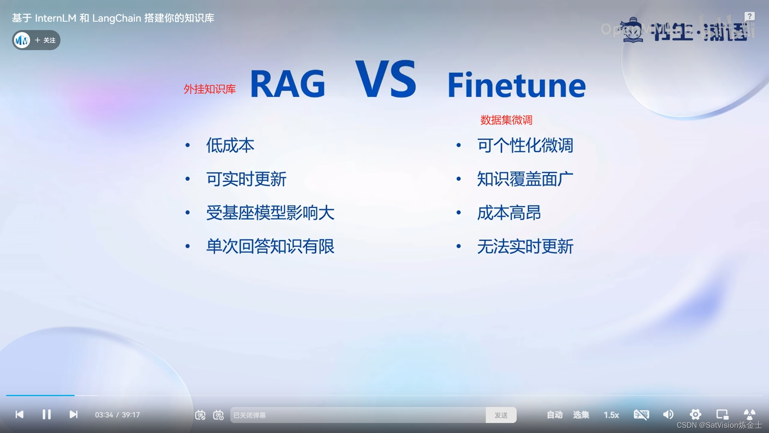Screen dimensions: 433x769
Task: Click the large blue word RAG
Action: click(x=288, y=84)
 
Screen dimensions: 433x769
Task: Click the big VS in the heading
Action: click(x=386, y=79)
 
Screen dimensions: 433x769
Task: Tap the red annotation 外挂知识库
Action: click(x=209, y=89)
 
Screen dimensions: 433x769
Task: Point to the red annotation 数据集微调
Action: click(x=506, y=120)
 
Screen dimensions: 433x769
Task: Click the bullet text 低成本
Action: click(x=230, y=145)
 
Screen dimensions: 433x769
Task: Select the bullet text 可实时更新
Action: click(x=246, y=179)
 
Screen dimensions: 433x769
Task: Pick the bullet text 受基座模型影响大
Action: click(x=270, y=212)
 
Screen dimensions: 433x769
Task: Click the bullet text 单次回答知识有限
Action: click(x=270, y=246)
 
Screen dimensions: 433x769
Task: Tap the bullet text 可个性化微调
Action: click(x=525, y=145)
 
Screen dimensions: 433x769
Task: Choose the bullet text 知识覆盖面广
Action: click(x=525, y=179)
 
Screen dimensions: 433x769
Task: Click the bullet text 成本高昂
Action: click(x=509, y=212)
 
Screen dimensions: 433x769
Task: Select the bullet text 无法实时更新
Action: click(x=525, y=246)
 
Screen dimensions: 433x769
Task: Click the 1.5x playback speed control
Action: click(x=611, y=415)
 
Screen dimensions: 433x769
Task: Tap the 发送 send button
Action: click(x=501, y=415)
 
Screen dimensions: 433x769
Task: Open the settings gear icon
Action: click(x=695, y=415)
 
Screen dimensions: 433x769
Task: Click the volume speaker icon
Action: click(x=668, y=415)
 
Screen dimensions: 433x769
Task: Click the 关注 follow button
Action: click(x=45, y=40)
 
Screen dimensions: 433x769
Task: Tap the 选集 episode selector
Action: click(x=581, y=415)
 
